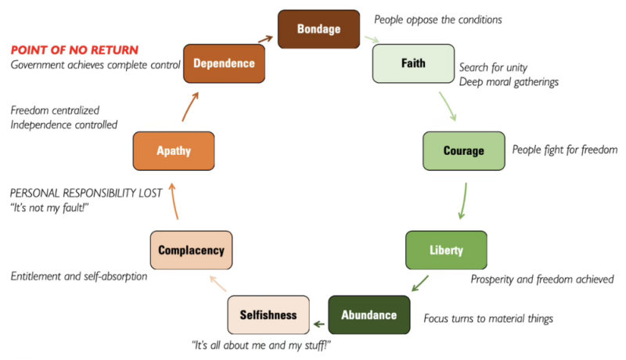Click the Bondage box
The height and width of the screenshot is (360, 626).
pos(318,29)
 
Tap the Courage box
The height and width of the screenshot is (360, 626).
pos(463,150)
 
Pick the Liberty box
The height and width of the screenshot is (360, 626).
pos(446,250)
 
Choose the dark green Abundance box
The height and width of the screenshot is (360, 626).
pos(369,315)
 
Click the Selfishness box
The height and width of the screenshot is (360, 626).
pos(268,315)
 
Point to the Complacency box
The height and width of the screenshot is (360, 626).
pos(191,250)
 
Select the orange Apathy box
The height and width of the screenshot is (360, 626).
pos(173,151)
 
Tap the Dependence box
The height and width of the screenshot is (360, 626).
pos(224,63)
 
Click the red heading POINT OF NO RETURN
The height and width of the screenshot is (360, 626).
pos(74,49)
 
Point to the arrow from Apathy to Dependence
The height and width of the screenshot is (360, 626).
pos(192,106)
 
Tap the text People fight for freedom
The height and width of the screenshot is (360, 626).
pos(565,149)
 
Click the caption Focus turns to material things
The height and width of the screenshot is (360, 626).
pos(487,319)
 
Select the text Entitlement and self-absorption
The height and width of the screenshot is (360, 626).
pos(78,276)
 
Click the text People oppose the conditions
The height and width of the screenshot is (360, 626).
pos(437,19)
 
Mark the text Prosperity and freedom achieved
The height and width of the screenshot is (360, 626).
pos(541,279)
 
